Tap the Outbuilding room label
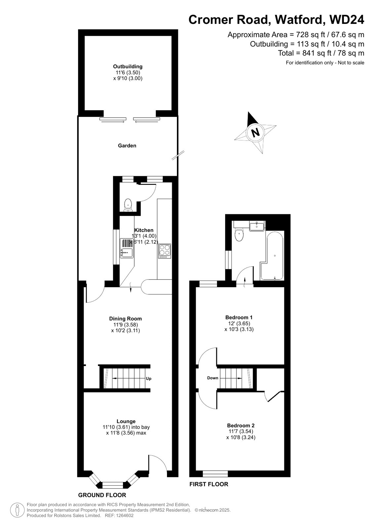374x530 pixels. tap(128, 67)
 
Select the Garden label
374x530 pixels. tap(127, 145)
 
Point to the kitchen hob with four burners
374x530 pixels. tap(165, 251)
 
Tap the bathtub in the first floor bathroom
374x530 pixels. tap(272, 255)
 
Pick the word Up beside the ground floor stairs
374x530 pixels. tap(148, 379)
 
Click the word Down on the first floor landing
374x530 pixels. tap(212, 378)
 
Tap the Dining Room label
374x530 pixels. tap(125, 318)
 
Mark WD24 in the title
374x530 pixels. tap(347, 20)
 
